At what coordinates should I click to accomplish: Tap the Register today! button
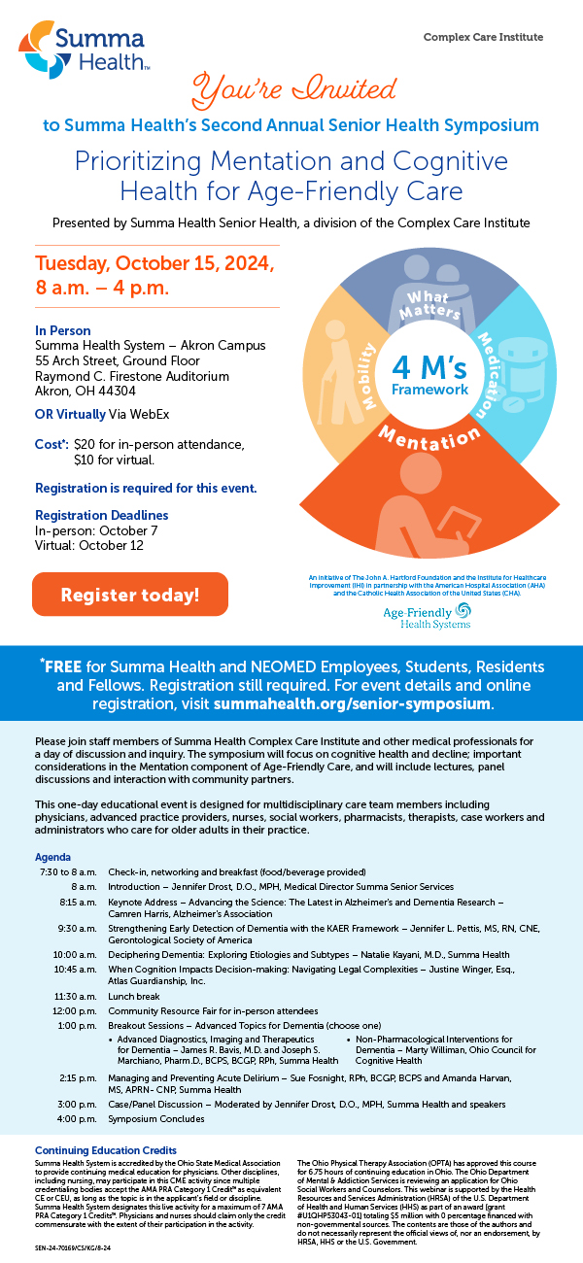tap(130, 594)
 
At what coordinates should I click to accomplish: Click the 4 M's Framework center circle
tap(429, 374)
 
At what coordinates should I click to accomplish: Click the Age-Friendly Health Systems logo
tap(429, 615)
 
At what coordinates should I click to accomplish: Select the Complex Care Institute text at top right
tap(483, 37)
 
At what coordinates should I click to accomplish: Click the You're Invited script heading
tap(288, 92)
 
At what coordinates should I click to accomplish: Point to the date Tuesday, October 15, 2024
tap(155, 265)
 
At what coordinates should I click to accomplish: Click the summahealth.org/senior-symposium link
tap(398, 701)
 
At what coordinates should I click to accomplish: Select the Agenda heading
tap(52, 858)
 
